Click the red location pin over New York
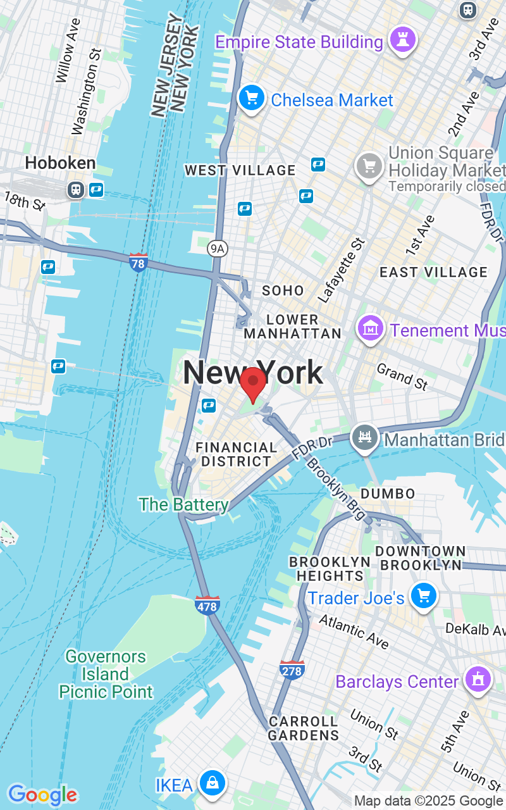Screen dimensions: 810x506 coord(253,382)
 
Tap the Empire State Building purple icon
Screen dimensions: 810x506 coord(403,40)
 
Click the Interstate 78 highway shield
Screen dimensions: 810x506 coord(138,262)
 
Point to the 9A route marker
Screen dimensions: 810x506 coord(217,249)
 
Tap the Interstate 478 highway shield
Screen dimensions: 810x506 coord(207,605)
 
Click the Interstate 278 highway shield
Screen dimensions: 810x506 coord(292,670)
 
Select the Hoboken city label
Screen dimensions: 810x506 coord(60,163)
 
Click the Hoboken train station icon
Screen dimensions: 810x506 coord(76,189)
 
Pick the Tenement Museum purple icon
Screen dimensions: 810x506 coord(371,328)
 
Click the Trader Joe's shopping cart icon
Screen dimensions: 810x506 coord(423,596)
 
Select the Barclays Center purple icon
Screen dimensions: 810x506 coord(478,680)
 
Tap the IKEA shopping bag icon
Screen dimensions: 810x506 coord(213,784)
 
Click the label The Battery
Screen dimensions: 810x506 coord(183,504)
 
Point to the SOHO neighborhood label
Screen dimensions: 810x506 coord(283,290)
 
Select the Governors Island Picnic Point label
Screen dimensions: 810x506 coord(106,674)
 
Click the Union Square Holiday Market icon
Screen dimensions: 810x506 coord(369,166)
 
